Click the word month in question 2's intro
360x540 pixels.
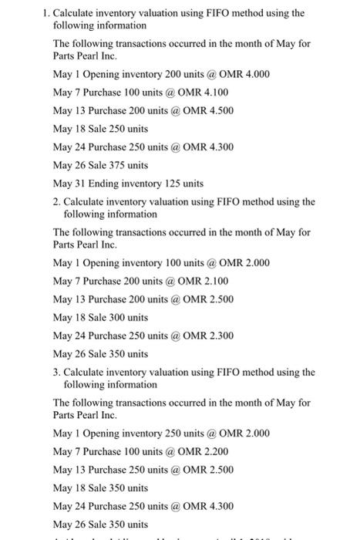pyautogui.click(x=243, y=231)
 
